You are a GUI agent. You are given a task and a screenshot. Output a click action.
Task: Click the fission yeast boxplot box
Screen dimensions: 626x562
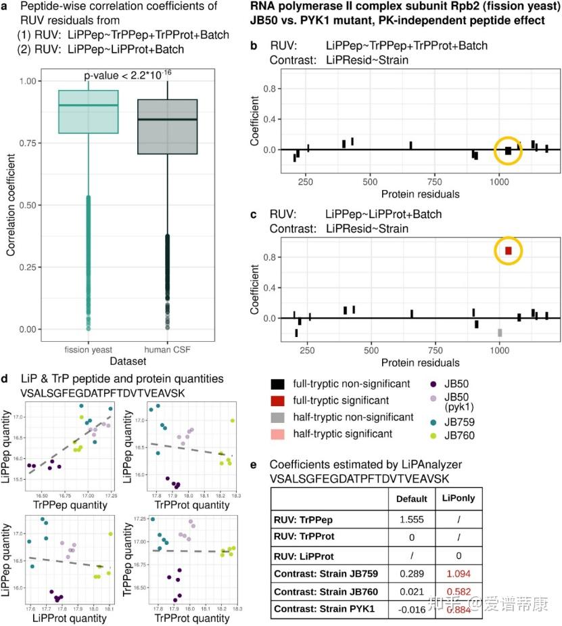click(x=88, y=112)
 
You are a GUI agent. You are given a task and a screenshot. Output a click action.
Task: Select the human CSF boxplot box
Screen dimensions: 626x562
click(x=167, y=127)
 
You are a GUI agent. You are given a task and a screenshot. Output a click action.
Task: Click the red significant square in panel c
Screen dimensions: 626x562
click(x=509, y=250)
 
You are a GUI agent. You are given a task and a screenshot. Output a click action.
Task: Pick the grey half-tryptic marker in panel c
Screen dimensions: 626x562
click(x=500, y=332)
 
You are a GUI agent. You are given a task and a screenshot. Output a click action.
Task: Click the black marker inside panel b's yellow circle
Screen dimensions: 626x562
click(x=509, y=151)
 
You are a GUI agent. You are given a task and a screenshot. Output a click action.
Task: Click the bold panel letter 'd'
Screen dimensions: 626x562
click(x=7, y=378)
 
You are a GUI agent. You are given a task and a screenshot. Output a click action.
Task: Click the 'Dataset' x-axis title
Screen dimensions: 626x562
click(x=130, y=361)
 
